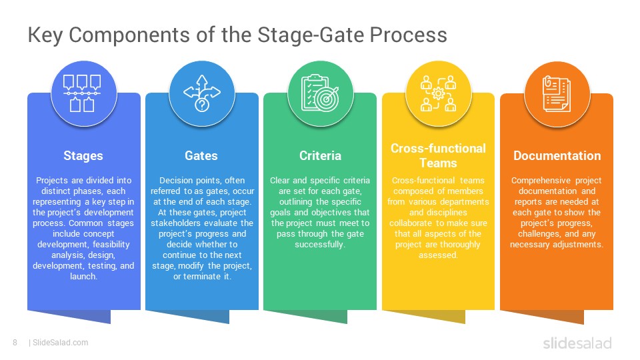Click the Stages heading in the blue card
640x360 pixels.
click(x=83, y=156)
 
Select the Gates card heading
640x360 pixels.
click(x=201, y=156)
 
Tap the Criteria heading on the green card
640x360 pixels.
click(x=320, y=156)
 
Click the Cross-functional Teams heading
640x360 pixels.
click(x=438, y=155)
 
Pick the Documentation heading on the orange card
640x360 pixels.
click(x=557, y=156)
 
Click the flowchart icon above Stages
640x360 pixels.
click(x=83, y=93)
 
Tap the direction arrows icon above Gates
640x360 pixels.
click(x=201, y=93)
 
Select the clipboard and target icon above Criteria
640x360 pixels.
click(x=320, y=93)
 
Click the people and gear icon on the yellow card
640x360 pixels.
click(x=438, y=93)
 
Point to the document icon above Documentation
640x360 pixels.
click(x=557, y=93)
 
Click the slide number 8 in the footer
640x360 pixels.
click(x=15, y=343)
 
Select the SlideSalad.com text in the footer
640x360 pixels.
click(x=60, y=343)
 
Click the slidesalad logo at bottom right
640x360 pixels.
click(x=577, y=343)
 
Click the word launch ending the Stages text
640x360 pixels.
click(x=83, y=277)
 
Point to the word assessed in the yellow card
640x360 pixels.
click(x=438, y=255)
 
